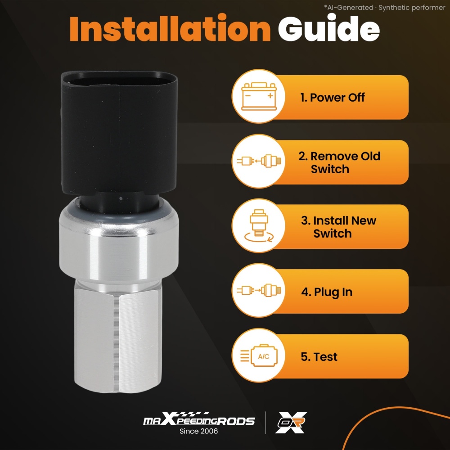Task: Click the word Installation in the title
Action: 170,28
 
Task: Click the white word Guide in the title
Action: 328,28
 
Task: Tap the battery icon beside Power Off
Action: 259,96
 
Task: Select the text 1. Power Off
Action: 333,98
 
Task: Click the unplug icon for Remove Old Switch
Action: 259,161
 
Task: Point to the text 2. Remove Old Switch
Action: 339,163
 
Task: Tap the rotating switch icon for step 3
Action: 259,225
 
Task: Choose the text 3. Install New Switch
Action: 339,227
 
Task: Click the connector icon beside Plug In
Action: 259,290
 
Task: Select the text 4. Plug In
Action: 327,292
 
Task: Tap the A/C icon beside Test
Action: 259,355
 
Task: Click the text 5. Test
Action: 319,357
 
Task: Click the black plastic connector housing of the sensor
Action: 119,132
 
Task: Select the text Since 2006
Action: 198,431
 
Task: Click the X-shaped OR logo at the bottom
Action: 291,422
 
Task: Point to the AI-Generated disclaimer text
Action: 385,8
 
